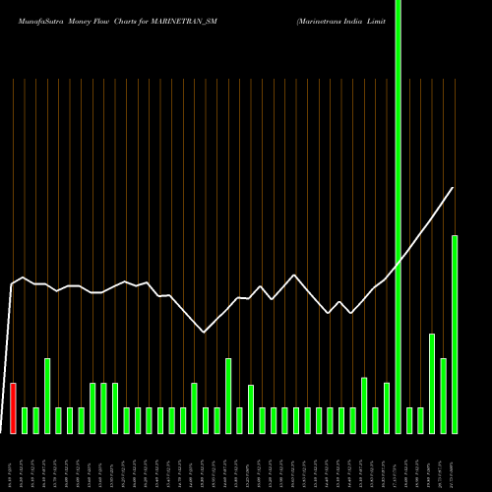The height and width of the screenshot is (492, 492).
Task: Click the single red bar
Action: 14,408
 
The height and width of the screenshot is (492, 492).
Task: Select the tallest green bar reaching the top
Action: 399,216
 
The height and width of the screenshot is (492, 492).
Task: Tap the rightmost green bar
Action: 455,335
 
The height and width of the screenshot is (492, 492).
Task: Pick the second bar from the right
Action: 443,396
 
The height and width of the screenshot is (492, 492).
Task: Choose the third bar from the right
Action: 432,384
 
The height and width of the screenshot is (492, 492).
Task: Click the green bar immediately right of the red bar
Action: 25,420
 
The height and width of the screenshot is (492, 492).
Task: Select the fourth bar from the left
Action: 47,396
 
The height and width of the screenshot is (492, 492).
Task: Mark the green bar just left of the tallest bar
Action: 387,407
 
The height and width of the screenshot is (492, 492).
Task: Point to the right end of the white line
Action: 454,188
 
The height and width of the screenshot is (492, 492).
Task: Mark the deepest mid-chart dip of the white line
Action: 204,333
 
